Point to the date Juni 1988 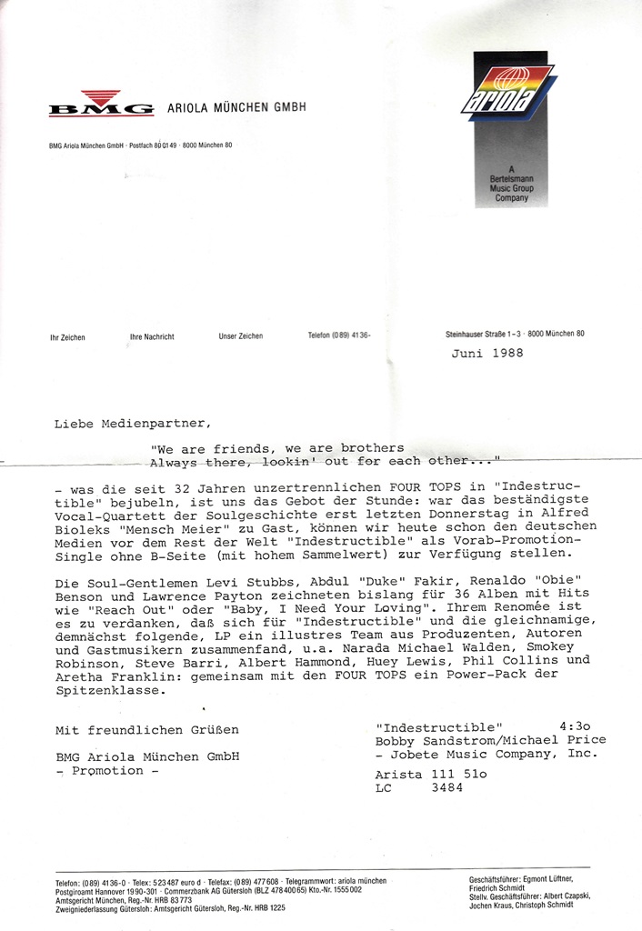tap(487, 354)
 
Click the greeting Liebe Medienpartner tap(132, 424)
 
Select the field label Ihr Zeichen tap(67, 337)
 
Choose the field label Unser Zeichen tap(241, 336)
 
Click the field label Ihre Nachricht tap(152, 337)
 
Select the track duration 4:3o tap(577, 727)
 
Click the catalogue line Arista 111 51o tap(431, 774)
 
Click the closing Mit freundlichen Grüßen tap(147, 729)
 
